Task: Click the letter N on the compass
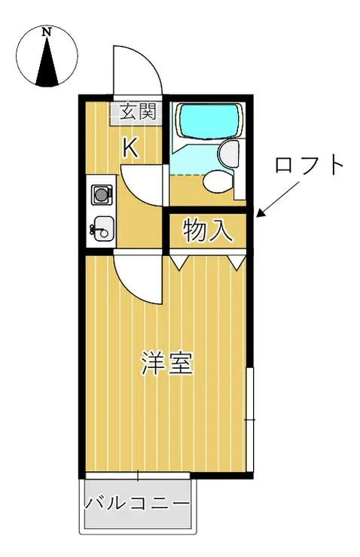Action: pyautogui.click(x=46, y=32)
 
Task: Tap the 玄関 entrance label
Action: pyautogui.click(x=138, y=112)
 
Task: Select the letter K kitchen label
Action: pyautogui.click(x=130, y=148)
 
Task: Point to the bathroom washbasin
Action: pyautogui.click(x=228, y=153)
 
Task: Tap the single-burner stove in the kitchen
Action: pyautogui.click(x=102, y=194)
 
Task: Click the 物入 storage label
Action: pyautogui.click(x=208, y=230)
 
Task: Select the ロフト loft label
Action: pyautogui.click(x=310, y=166)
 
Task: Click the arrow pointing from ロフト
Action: pyautogui.click(x=278, y=198)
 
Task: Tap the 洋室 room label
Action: pyautogui.click(x=167, y=364)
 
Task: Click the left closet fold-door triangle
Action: pyautogui.click(x=178, y=260)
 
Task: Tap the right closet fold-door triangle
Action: pyautogui.click(x=236, y=261)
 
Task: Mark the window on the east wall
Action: pyautogui.click(x=251, y=420)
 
